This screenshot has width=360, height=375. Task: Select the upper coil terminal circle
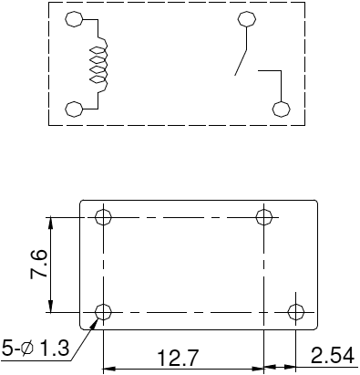(x=75, y=20)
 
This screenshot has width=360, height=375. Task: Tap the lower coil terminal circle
(x=75, y=109)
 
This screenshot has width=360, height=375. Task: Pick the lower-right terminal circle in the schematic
(x=282, y=109)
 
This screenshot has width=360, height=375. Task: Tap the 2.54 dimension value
(x=332, y=355)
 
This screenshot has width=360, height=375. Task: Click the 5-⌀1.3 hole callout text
(x=35, y=348)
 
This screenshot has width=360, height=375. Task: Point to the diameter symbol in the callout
(x=30, y=348)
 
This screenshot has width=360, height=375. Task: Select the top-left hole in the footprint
(x=103, y=217)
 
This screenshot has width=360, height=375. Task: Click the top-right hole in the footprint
(x=264, y=217)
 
